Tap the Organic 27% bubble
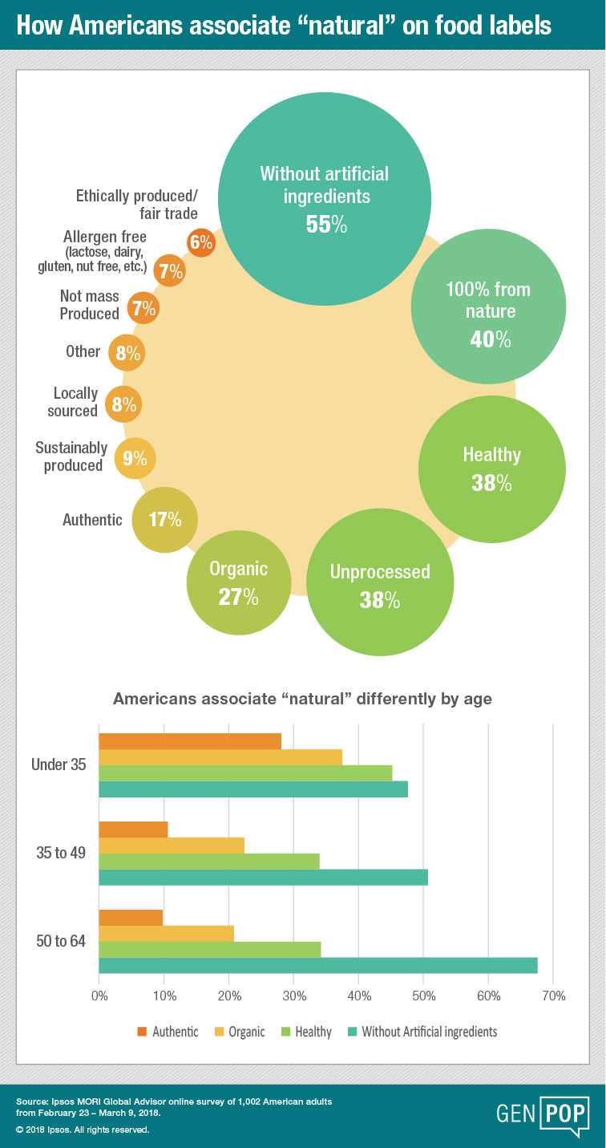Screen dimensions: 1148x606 [x=238, y=582]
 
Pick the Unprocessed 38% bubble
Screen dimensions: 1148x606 [x=380, y=585]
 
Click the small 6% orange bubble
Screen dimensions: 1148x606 [x=200, y=241]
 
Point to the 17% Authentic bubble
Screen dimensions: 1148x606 [x=164, y=519]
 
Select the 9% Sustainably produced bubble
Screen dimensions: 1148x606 [x=135, y=458]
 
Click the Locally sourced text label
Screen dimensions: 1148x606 [x=75, y=402]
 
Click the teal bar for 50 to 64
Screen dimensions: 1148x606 [x=317, y=965]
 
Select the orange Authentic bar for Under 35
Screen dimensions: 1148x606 [x=190, y=741]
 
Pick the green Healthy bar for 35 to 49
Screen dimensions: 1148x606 [x=208, y=861]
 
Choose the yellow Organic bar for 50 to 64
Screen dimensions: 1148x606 [x=166, y=933]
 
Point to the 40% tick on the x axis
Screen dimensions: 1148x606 [x=358, y=996]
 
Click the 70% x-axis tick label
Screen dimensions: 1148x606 [x=553, y=996]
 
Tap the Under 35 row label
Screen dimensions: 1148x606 [x=59, y=765]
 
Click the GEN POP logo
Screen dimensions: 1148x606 [x=543, y=1115]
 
